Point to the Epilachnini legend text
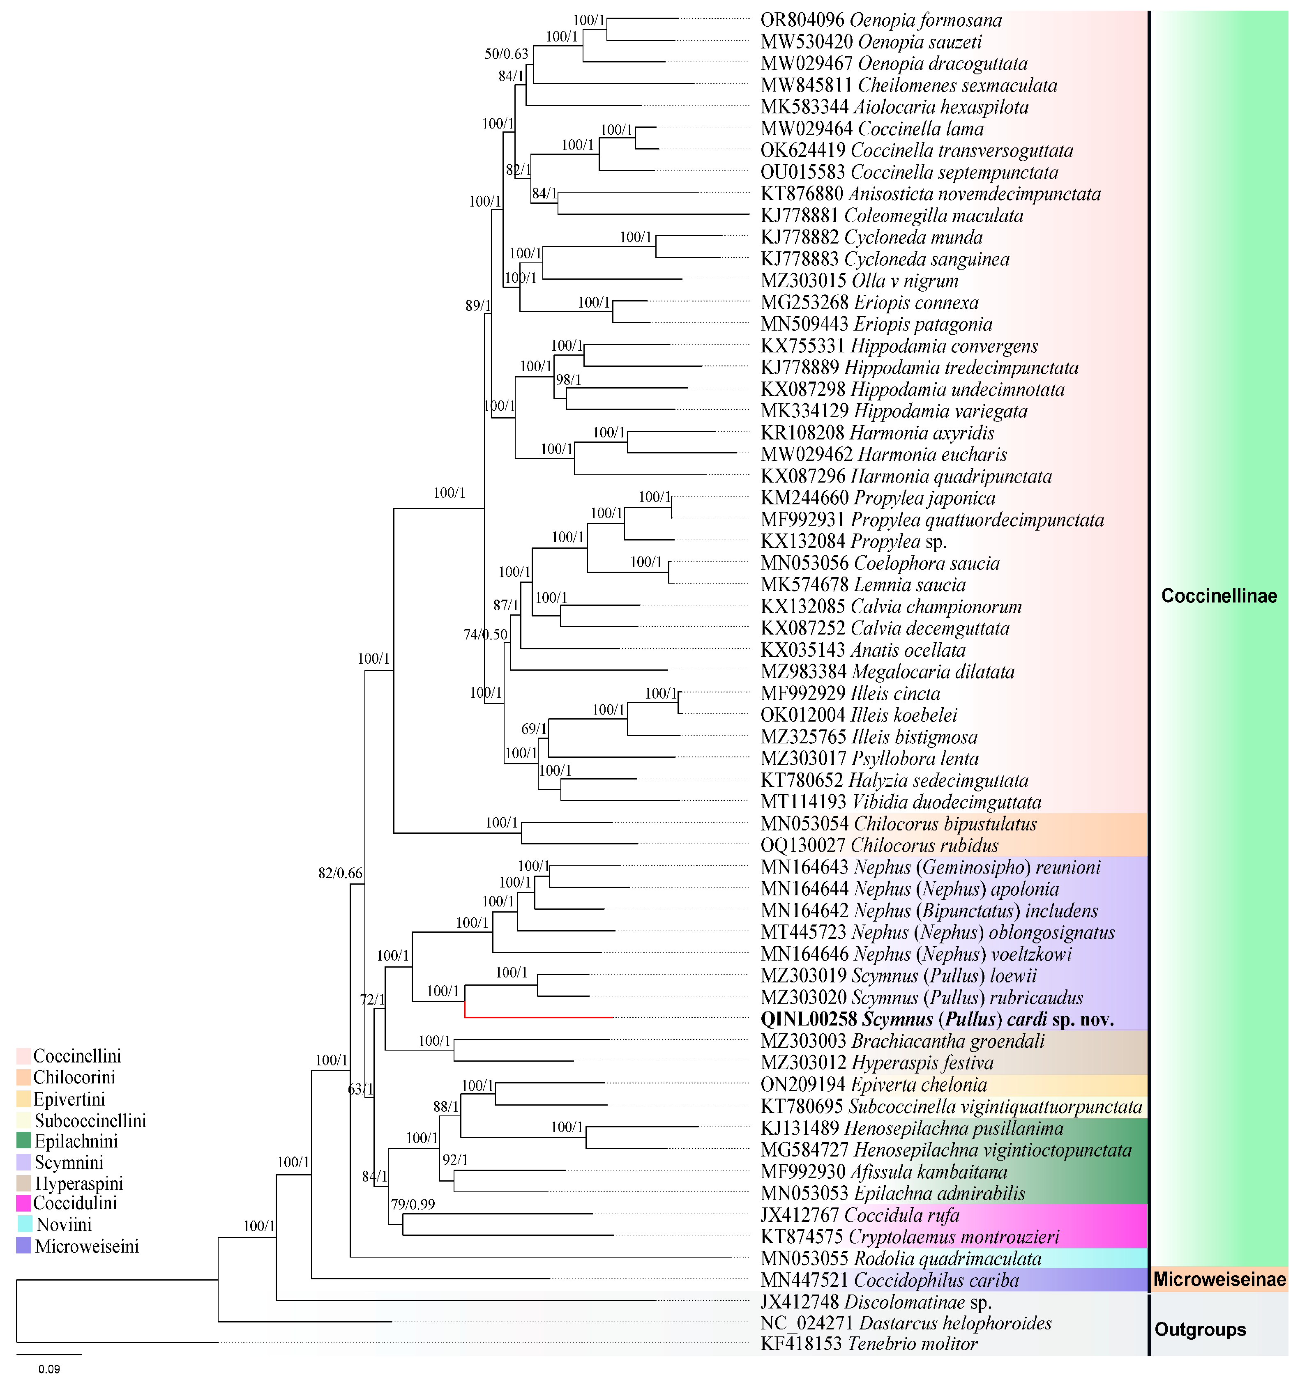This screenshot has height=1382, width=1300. pos(76,1141)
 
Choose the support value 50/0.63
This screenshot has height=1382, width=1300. pos(506,53)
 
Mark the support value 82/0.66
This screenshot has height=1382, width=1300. pos(340,873)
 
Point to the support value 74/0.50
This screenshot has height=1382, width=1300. pos(486,635)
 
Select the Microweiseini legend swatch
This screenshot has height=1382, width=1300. pos(24,1245)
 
